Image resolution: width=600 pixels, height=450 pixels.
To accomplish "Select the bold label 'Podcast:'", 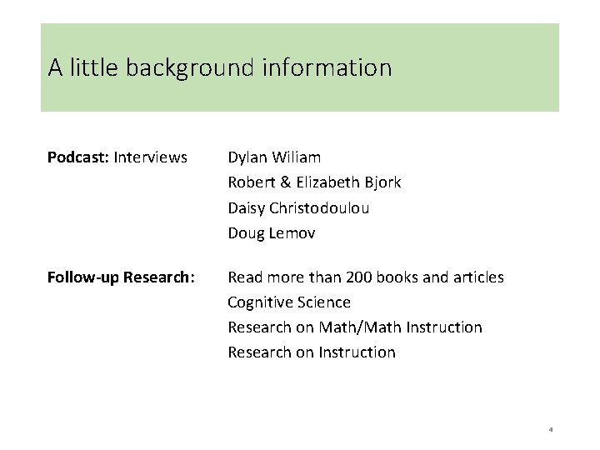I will (x=78, y=157).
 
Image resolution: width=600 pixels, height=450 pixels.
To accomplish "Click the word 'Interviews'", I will (x=151, y=157).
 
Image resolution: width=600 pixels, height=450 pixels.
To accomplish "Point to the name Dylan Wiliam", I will (x=274, y=157).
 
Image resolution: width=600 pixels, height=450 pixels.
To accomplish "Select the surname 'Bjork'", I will (x=382, y=182).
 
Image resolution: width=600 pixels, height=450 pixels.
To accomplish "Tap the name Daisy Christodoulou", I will (x=298, y=208).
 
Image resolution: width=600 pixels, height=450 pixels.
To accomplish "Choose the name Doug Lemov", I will (x=272, y=233).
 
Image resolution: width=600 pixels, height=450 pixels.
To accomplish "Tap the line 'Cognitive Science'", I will (x=289, y=302).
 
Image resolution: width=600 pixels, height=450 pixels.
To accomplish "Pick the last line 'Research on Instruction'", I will (x=312, y=352).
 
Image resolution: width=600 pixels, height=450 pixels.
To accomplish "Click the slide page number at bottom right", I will (x=551, y=430).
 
